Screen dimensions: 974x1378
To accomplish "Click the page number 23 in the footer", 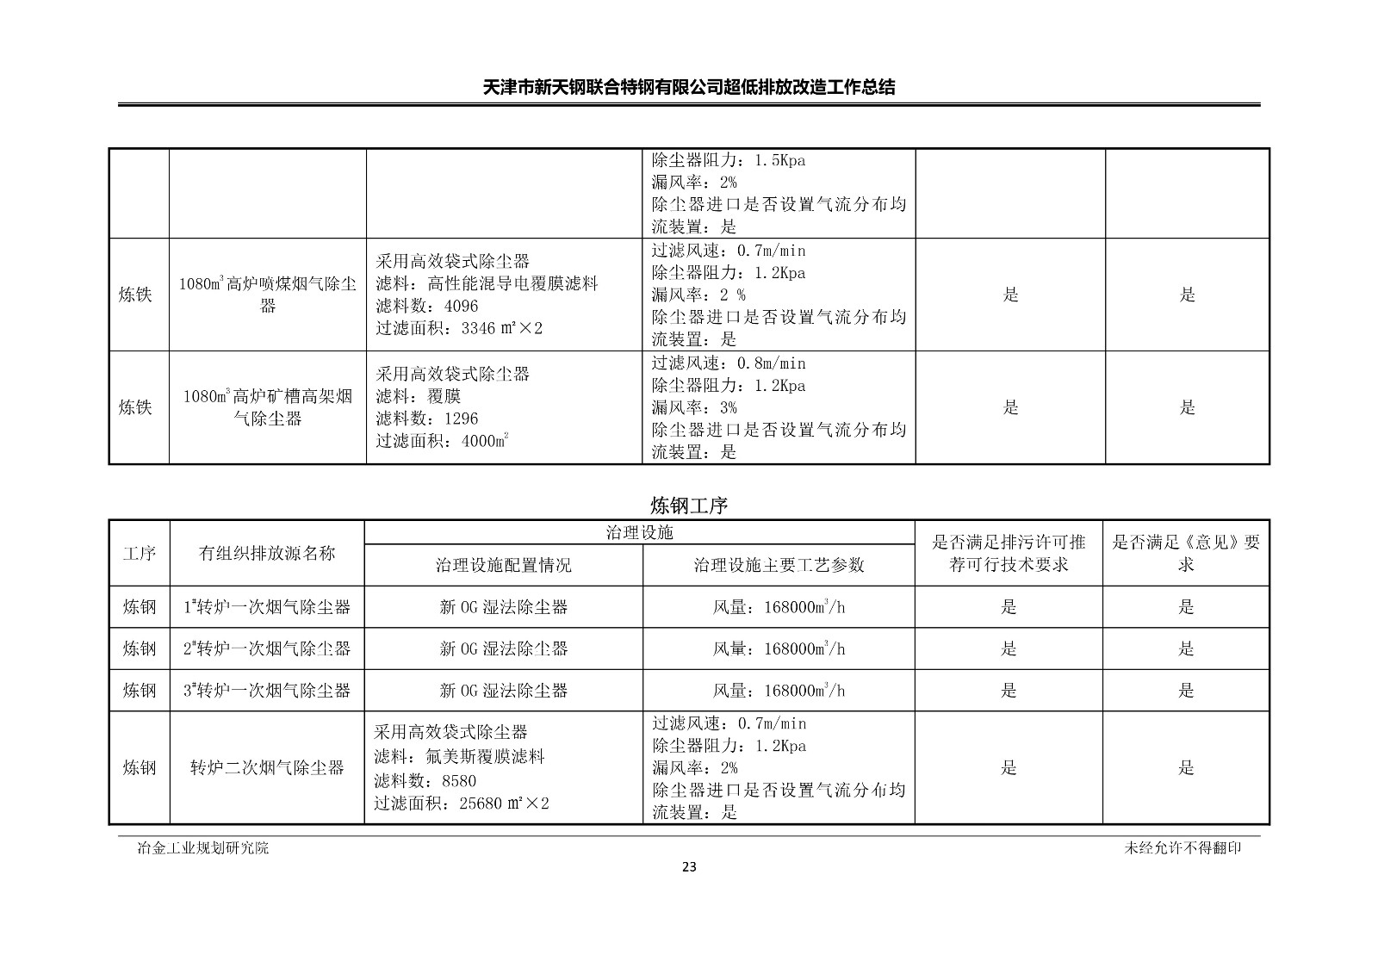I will tap(688, 866).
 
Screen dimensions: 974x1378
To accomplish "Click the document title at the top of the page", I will tap(688, 87).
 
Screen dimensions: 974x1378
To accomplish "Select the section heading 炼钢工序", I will tap(688, 506).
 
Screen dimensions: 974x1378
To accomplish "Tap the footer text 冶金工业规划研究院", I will tap(203, 847).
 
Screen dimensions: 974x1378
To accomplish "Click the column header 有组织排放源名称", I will tap(267, 554).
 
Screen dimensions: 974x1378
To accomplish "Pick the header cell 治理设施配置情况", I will tap(503, 565).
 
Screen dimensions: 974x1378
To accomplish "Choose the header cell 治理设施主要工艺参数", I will tap(779, 565).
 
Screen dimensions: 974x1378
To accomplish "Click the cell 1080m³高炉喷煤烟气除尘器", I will tap(268, 295).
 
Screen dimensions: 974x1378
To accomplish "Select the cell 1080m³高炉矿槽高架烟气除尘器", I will tap(268, 407).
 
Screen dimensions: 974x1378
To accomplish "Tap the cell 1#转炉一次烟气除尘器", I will tap(267, 607).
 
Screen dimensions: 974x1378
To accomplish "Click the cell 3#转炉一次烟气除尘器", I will tap(267, 690).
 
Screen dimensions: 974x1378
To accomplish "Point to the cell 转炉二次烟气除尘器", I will tap(267, 767).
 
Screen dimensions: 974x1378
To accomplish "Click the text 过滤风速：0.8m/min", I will tap(729, 363).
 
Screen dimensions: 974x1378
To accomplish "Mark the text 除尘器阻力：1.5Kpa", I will tap(729, 160).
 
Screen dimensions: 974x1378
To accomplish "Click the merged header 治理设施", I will tap(640, 532).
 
